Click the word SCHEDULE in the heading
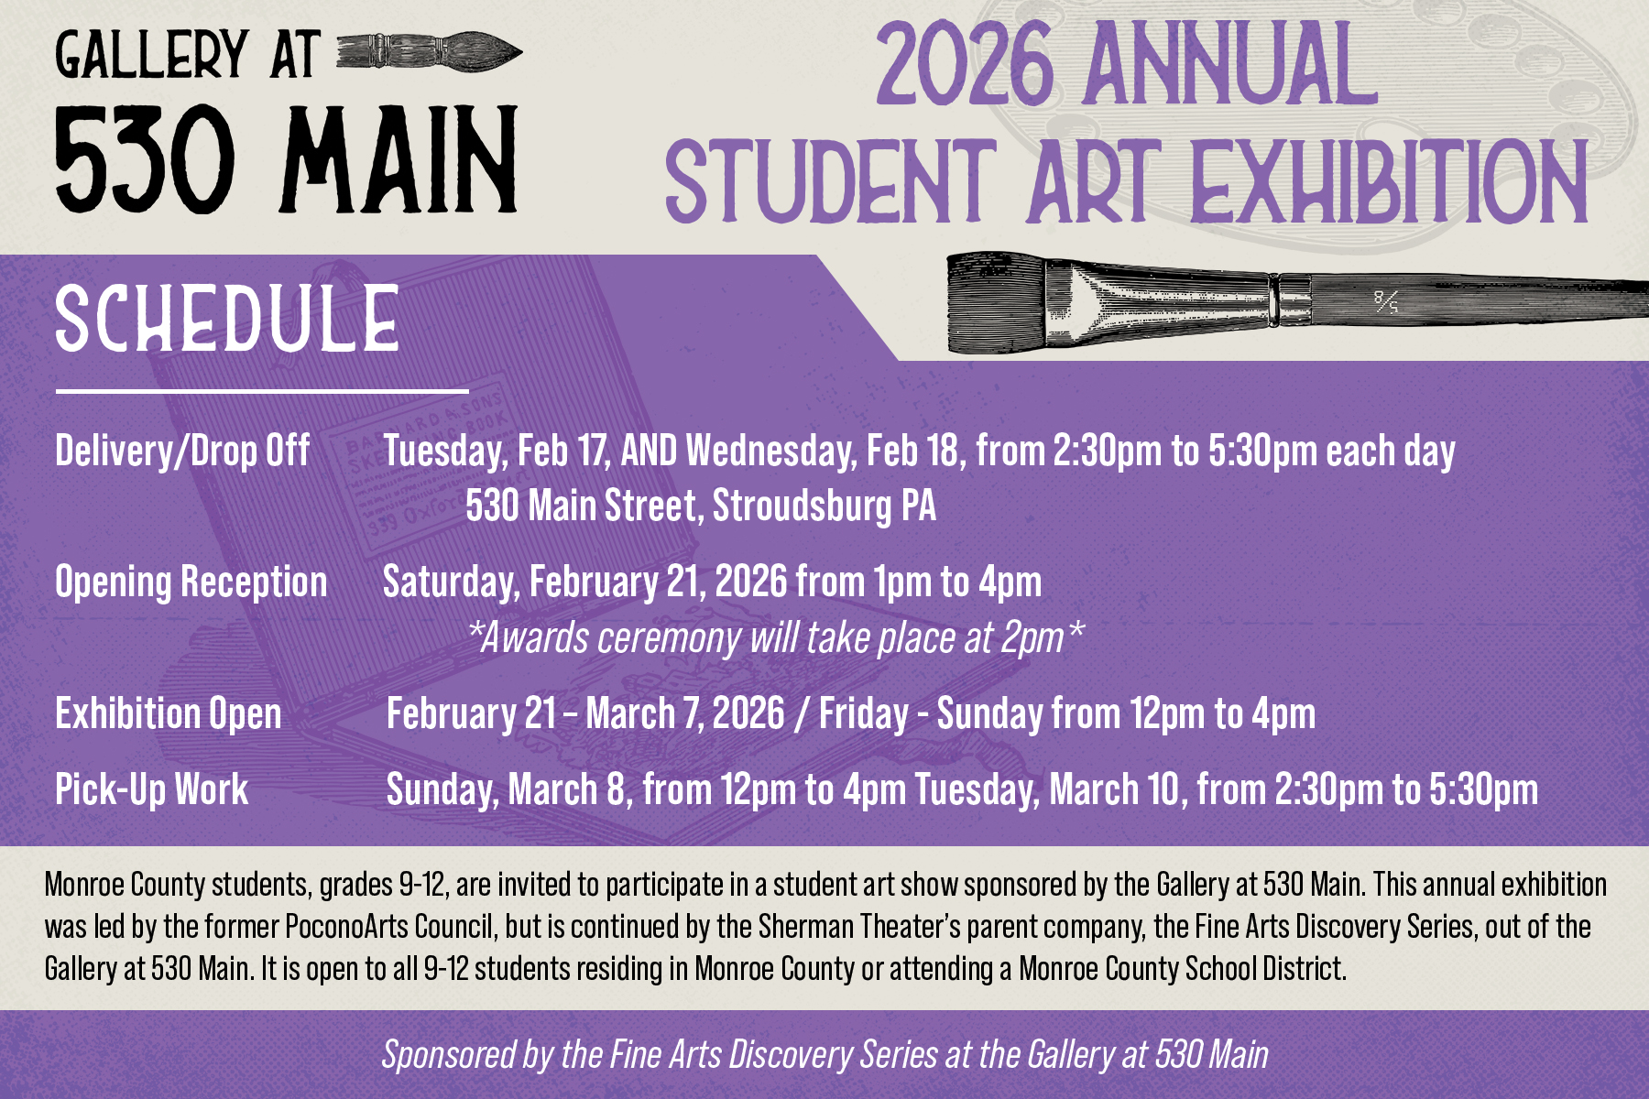pos(227,318)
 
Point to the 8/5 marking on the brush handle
pos(1386,301)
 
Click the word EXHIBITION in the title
pos(1388,182)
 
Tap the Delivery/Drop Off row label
pos(182,451)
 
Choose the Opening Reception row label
pos(191,582)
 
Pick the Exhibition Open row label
pos(169,713)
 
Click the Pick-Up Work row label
pos(151,789)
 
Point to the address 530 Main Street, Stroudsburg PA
pos(701,506)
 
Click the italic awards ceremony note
pos(775,637)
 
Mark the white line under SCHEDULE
pos(262,391)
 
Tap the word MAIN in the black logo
pos(400,158)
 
